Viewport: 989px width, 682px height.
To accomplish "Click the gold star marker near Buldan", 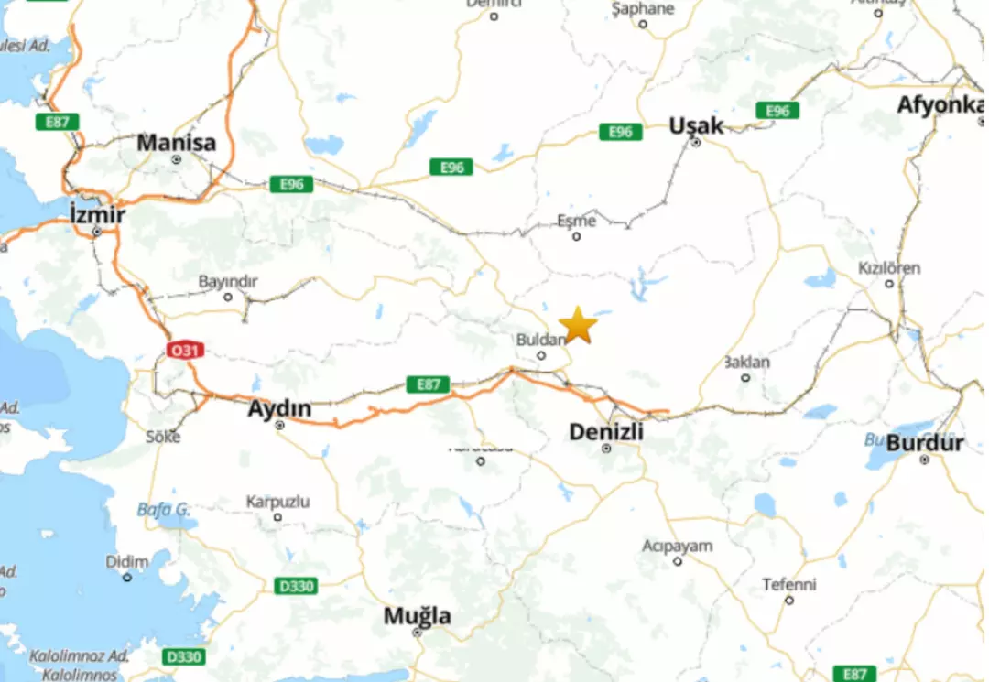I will click(578, 325).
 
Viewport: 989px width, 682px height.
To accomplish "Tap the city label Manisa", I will click(177, 143).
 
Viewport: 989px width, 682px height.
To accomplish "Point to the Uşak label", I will click(696, 125).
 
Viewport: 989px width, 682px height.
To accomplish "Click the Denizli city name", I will click(605, 431).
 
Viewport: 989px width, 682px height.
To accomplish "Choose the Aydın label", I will click(279, 408).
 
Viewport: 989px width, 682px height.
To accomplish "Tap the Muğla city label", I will click(417, 616).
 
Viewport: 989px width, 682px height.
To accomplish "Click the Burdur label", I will click(925, 443).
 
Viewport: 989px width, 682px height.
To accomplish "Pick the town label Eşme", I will click(576, 221).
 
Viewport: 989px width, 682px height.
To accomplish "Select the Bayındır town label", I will click(228, 281).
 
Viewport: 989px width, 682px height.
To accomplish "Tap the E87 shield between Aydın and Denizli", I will click(429, 384).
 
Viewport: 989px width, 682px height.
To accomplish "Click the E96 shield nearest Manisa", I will click(291, 184).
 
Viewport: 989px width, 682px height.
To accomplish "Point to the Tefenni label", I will click(788, 584).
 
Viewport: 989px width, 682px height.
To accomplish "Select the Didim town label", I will click(126, 561).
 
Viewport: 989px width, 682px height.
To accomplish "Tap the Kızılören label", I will click(888, 268).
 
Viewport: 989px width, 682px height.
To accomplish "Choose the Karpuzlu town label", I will click(277, 502).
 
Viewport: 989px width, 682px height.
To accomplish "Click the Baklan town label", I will click(745, 362).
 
